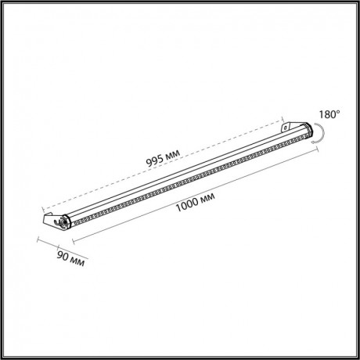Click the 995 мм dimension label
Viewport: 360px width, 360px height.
coord(163,158)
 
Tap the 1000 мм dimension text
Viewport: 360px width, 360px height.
coord(195,203)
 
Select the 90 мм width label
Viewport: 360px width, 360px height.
coord(70,259)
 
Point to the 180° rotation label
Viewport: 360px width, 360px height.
coord(329,114)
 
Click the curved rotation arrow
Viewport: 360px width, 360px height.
coord(322,133)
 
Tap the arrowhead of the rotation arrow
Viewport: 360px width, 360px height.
coord(313,142)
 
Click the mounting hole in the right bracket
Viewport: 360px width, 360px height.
coord(286,128)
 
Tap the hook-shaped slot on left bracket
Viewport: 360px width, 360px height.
coord(57,222)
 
